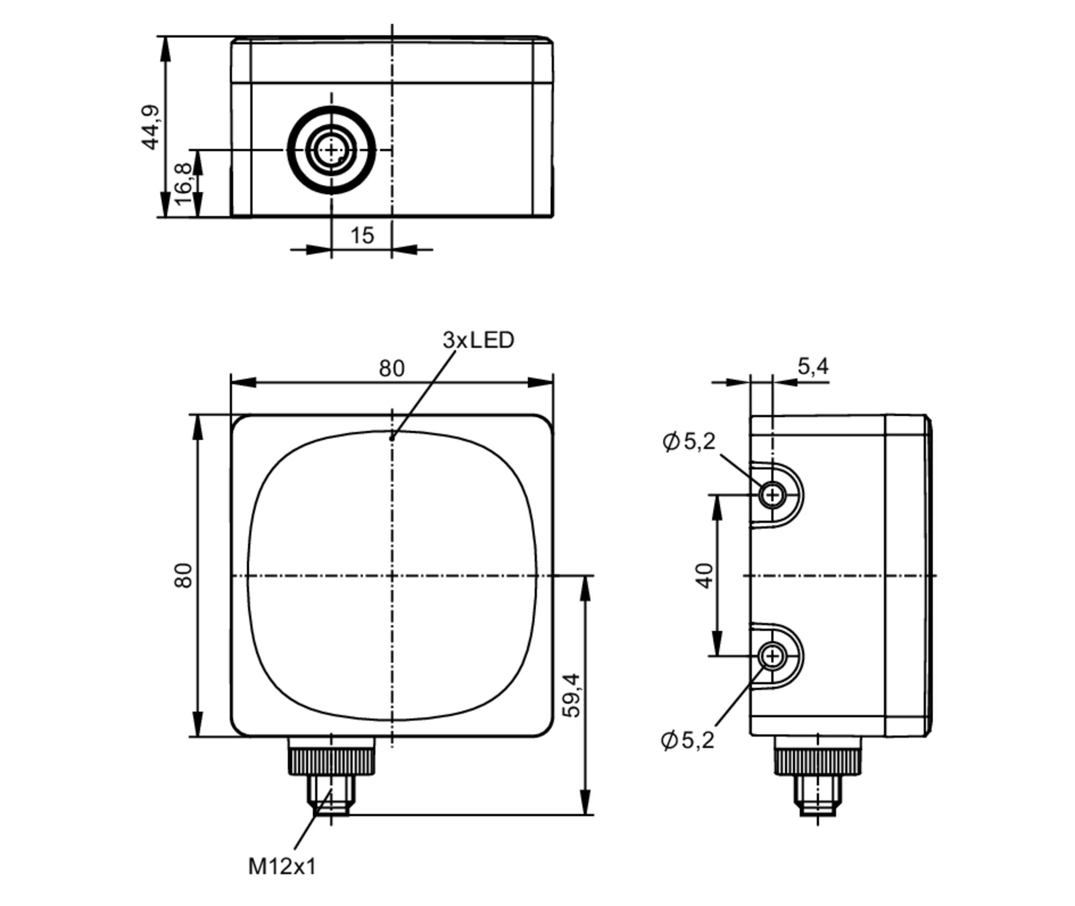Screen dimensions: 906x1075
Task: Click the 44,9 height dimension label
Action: pyautogui.click(x=150, y=127)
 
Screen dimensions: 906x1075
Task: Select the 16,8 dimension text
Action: pyautogui.click(x=183, y=184)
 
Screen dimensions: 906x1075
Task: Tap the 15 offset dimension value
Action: pyautogui.click(x=362, y=235)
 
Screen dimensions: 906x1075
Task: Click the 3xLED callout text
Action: pyautogui.click(x=478, y=340)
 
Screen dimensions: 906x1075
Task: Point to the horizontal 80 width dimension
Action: pyautogui.click(x=391, y=368)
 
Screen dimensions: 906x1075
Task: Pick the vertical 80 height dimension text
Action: pyautogui.click(x=183, y=575)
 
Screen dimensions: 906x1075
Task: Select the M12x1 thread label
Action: pyautogui.click(x=282, y=866)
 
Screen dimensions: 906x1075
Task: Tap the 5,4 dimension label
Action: pyautogui.click(x=813, y=366)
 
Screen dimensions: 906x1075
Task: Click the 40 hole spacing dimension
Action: pyautogui.click(x=705, y=575)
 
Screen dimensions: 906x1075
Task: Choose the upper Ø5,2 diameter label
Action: pyautogui.click(x=690, y=441)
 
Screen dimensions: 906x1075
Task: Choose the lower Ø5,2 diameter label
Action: pyautogui.click(x=687, y=740)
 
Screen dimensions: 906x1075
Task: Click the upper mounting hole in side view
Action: pyautogui.click(x=772, y=495)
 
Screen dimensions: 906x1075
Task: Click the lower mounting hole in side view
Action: pyautogui.click(x=772, y=656)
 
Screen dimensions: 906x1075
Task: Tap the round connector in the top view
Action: pyautogui.click(x=331, y=150)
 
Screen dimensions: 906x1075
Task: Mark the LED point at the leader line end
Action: pyautogui.click(x=392, y=438)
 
